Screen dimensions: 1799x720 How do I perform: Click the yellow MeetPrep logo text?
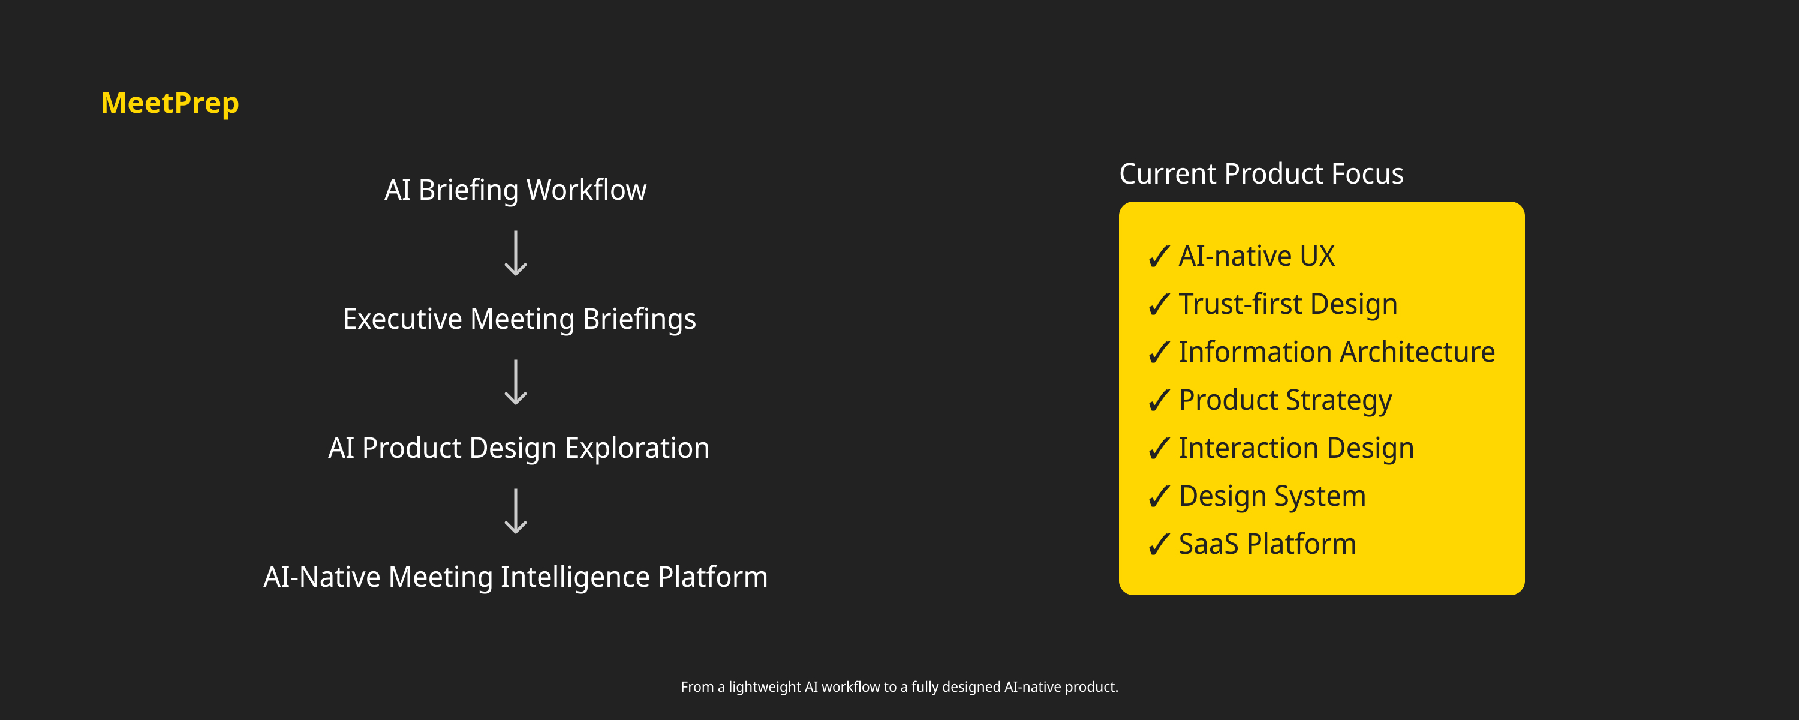coord(170,103)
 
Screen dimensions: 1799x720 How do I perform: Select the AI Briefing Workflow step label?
coord(515,190)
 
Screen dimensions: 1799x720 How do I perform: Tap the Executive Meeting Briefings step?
coord(519,319)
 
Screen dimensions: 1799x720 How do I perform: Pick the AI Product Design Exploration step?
coord(519,448)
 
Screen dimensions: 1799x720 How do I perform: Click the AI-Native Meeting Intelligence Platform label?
coord(515,577)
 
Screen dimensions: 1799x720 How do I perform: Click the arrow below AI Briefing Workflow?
coord(515,253)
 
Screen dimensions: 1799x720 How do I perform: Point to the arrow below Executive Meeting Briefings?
coord(515,382)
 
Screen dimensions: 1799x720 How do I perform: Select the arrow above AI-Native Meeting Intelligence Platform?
coord(515,511)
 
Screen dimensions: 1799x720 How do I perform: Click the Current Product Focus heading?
coord(1261,174)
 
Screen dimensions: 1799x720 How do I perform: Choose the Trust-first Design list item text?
coord(1288,305)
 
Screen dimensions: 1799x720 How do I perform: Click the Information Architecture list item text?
coord(1337,352)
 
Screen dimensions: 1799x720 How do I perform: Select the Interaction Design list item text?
coord(1296,448)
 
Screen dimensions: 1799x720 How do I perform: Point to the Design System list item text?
coord(1272,496)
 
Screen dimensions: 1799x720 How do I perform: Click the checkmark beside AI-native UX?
coord(1159,257)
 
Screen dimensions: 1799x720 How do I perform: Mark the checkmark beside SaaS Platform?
coord(1159,545)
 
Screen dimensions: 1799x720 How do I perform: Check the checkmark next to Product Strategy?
coord(1159,401)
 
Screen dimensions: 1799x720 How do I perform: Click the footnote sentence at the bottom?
coord(899,687)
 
